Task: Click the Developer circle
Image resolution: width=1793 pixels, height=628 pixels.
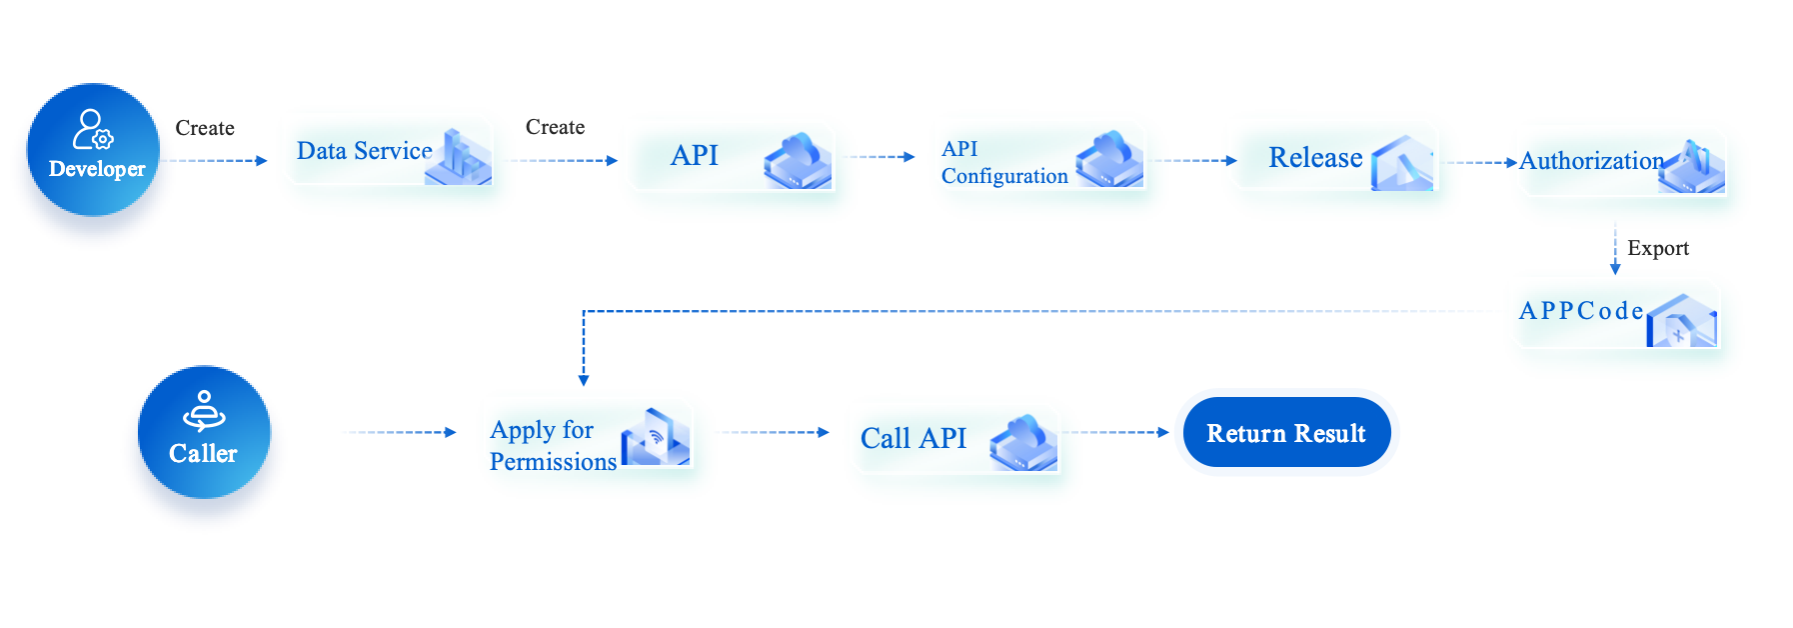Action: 93,150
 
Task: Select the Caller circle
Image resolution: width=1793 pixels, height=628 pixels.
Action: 204,432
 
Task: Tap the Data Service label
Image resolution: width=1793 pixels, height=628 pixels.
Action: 364,151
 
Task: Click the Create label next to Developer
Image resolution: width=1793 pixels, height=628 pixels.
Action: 205,128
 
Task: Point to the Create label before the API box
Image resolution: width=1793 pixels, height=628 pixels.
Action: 555,127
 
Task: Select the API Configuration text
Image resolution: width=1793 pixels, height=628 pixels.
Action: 1003,163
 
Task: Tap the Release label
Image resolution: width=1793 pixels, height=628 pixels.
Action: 1315,158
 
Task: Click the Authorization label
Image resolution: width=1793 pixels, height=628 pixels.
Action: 1591,161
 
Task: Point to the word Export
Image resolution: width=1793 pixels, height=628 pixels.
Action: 1657,248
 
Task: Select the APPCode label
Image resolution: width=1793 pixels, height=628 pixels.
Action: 1581,311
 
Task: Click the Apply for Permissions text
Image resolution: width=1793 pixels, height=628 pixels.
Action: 553,446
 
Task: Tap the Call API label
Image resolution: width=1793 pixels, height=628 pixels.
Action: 913,438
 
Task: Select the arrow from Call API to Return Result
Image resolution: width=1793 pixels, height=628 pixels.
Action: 1114,432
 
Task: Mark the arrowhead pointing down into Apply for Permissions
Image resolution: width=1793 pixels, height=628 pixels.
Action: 584,379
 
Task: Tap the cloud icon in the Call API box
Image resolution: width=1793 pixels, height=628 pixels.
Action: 1023,443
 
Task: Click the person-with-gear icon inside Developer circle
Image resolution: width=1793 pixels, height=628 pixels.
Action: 92,129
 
